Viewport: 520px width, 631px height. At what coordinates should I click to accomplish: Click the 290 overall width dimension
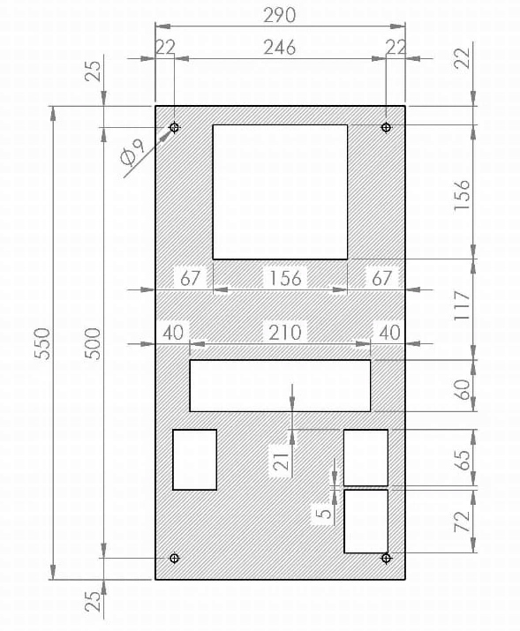coord(280,15)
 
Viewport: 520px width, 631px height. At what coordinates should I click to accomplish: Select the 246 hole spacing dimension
coord(280,48)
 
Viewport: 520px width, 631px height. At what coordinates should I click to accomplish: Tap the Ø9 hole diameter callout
coord(132,153)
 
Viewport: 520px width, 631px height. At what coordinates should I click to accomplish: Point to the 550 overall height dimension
coord(42,343)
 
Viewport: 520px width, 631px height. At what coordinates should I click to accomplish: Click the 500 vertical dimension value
coord(93,343)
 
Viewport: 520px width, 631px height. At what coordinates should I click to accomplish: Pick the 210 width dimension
coord(285,333)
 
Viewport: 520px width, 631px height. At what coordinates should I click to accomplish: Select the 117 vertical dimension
coord(462,305)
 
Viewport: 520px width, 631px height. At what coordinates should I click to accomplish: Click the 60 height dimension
coord(462,389)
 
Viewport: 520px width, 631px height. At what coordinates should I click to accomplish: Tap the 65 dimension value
coord(462,460)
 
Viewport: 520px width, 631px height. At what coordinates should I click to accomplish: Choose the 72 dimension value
coord(462,522)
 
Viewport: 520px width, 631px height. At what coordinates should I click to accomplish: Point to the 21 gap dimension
coord(281,462)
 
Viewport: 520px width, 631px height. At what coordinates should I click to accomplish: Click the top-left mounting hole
coord(174,128)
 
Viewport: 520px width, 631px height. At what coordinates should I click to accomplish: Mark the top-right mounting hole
coord(386,128)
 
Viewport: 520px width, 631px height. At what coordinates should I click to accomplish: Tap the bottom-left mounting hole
coord(174,558)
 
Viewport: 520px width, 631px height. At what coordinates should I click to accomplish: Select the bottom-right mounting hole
coord(386,558)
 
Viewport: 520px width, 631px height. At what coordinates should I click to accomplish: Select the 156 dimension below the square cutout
coord(285,278)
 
